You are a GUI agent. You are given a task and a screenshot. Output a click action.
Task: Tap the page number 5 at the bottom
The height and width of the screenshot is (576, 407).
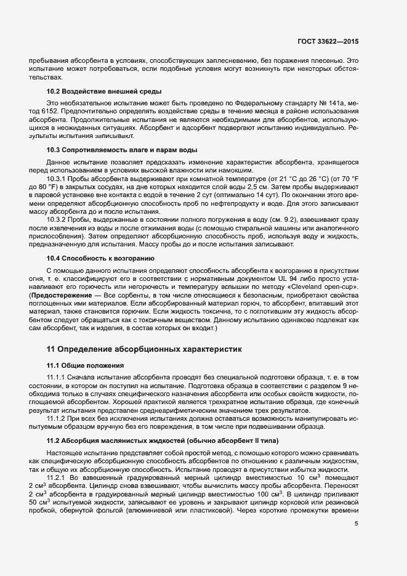coord(356,524)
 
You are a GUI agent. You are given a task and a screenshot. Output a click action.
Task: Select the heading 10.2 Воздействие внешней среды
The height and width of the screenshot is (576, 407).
coord(96,91)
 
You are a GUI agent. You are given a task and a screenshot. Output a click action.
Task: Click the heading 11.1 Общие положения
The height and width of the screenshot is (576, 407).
coord(86,366)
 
